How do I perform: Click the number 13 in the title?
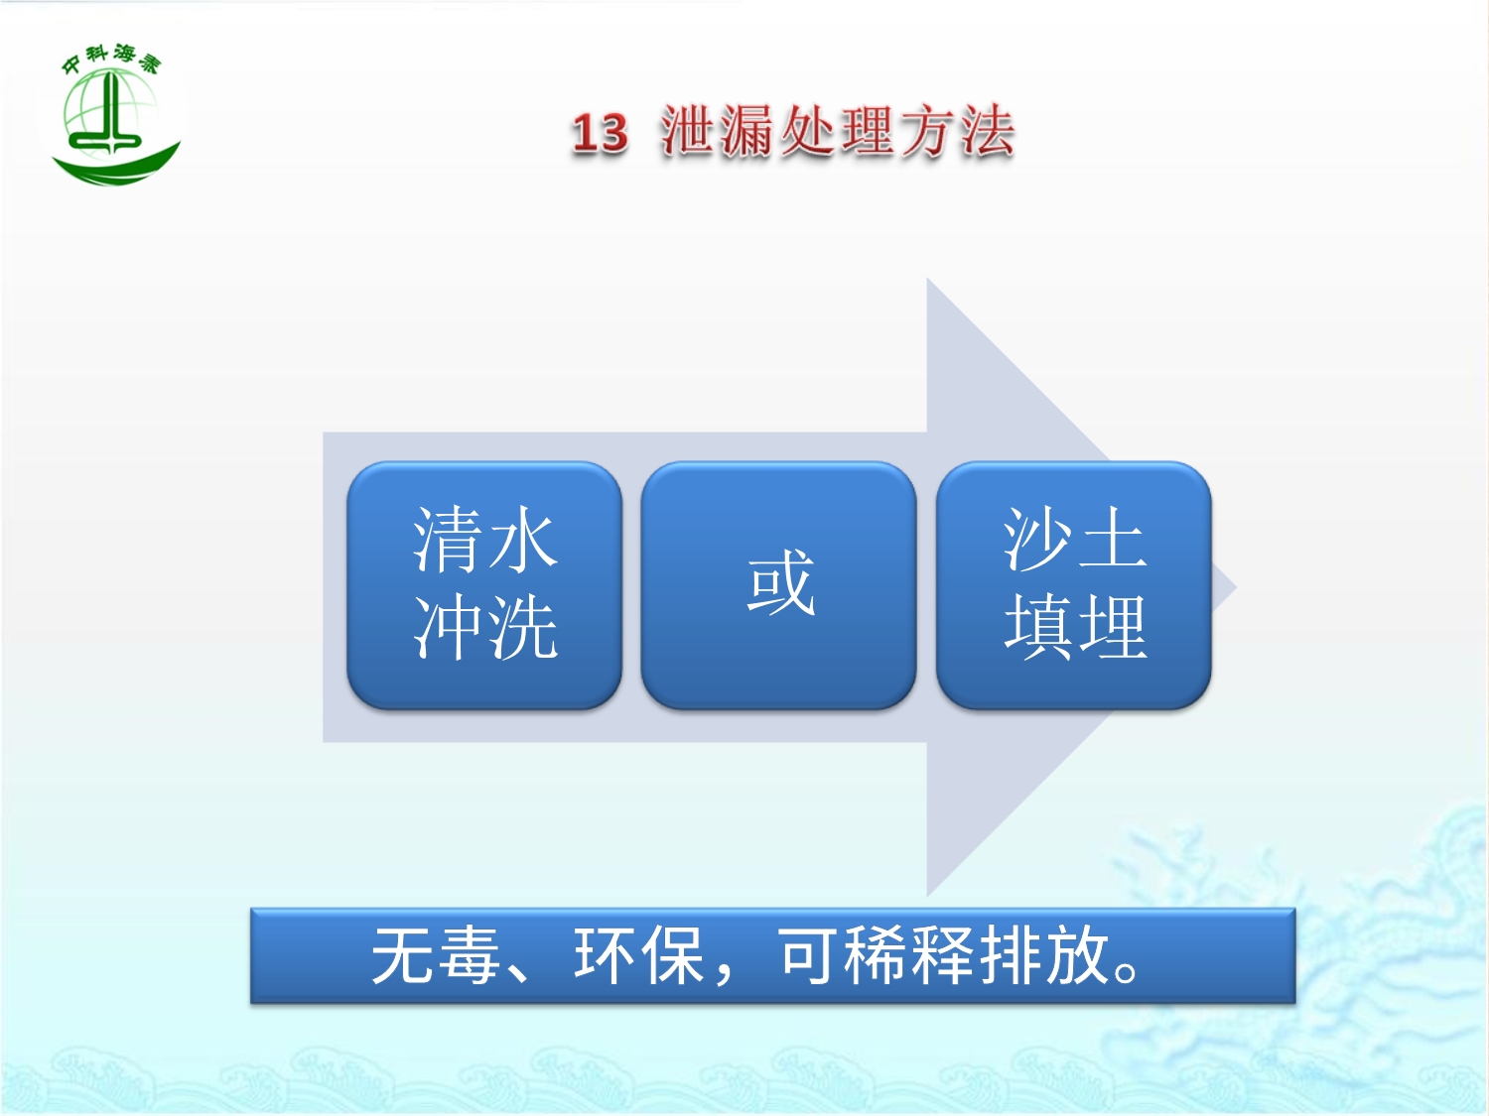[600, 132]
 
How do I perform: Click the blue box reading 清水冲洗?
[484, 585]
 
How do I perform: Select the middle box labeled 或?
[779, 585]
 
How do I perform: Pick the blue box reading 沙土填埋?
[1074, 585]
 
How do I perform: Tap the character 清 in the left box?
[448, 540]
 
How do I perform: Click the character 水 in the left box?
[522, 540]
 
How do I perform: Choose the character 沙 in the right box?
[1038, 540]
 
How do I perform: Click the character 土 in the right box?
[1112, 540]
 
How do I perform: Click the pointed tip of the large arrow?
[1236, 587]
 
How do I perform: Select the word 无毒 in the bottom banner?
[436, 955]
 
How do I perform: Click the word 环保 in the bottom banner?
[638, 955]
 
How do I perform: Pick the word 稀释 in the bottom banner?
[908, 955]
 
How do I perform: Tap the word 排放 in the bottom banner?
[1043, 955]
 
